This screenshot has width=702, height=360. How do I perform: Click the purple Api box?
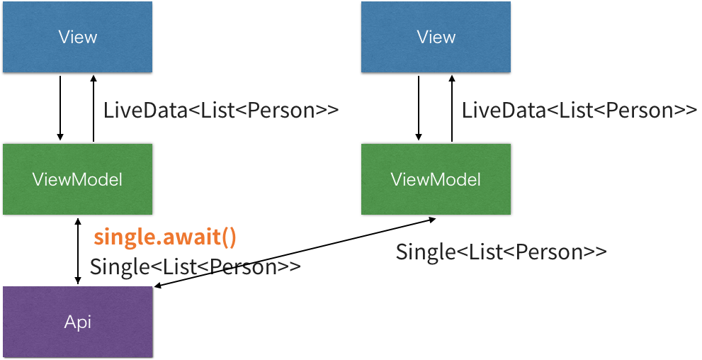[x=77, y=322]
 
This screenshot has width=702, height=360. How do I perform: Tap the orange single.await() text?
[x=164, y=237]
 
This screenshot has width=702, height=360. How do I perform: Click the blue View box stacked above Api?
[x=77, y=37]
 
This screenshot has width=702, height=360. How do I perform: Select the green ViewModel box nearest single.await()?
[x=77, y=179]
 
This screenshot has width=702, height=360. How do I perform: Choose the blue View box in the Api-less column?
[x=436, y=37]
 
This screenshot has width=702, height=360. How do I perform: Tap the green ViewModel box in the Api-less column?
[x=436, y=179]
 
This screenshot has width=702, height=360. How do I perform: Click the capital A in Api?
[x=69, y=322]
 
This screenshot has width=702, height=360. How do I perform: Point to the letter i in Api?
[x=89, y=322]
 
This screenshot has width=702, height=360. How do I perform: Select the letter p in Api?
[x=81, y=324]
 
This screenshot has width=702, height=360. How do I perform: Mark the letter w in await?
[x=181, y=239]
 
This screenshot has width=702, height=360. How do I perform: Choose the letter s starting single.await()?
[x=99, y=239]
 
